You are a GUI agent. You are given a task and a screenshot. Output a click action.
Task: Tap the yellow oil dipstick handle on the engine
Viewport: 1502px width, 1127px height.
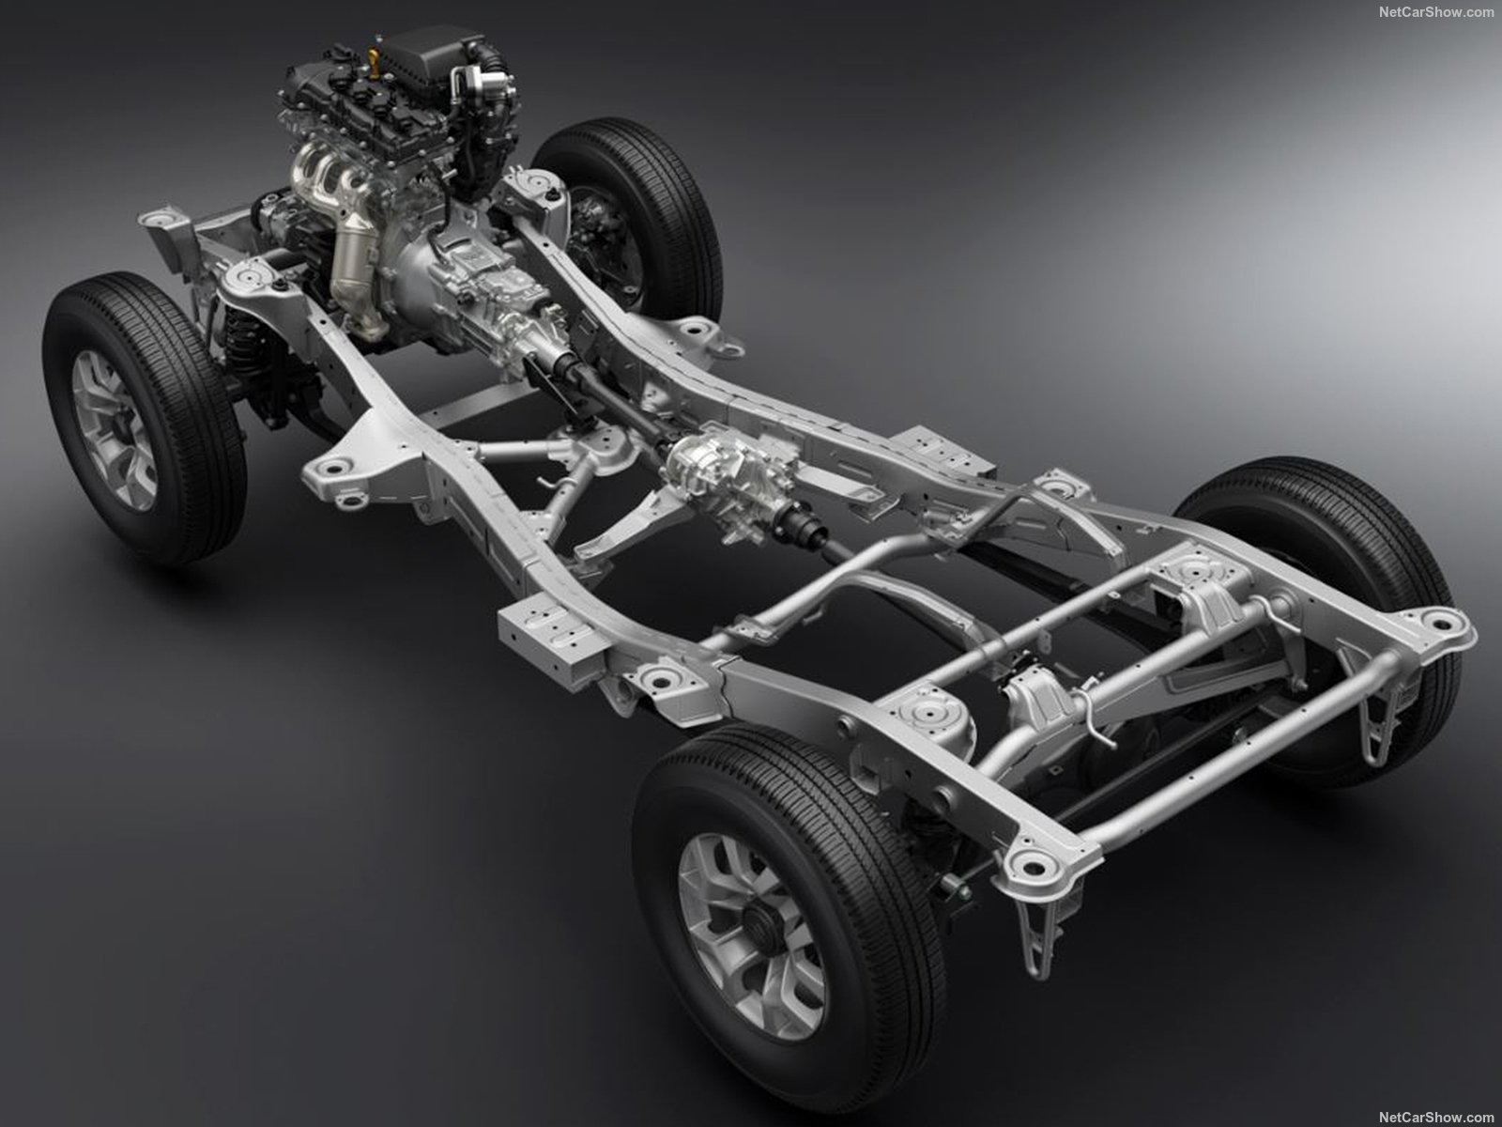pos(373,54)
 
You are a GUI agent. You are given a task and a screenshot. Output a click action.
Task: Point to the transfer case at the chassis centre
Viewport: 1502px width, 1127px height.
pos(732,483)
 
